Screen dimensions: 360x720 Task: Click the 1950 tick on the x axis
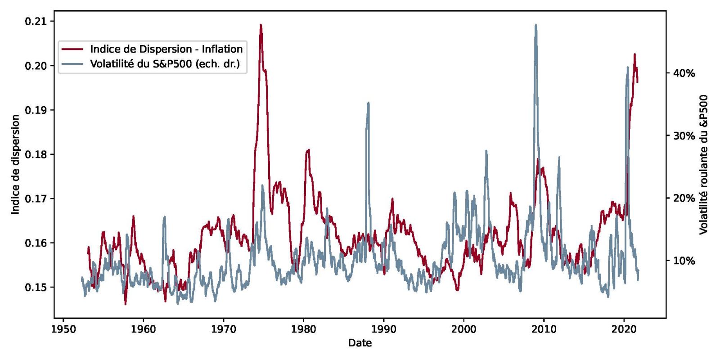coord(63,329)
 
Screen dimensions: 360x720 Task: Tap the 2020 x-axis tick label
coord(624,329)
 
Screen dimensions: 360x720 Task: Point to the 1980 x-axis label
coord(304,329)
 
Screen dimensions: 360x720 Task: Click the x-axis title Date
coord(360,343)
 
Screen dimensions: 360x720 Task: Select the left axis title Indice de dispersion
coord(16,164)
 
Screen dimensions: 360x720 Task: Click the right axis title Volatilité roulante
coord(704,164)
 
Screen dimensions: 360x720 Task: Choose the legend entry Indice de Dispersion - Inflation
coord(166,49)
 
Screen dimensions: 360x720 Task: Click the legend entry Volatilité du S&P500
coord(165,63)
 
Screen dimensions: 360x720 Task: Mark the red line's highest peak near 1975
coord(261,25)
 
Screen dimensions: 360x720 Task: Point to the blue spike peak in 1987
coord(368,103)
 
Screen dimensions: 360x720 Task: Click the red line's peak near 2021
coord(634,54)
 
